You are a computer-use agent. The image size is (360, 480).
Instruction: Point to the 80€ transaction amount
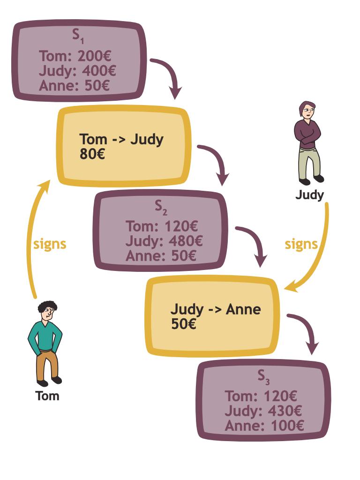[92, 154]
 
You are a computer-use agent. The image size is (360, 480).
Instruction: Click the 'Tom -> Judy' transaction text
[121, 140]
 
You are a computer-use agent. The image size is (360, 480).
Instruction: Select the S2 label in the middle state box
[161, 207]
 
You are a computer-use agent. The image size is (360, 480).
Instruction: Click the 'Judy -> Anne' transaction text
[216, 310]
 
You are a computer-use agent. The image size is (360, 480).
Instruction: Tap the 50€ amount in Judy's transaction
[184, 324]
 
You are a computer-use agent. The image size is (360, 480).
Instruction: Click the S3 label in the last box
[263, 377]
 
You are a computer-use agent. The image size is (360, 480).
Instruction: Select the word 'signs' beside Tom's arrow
[50, 245]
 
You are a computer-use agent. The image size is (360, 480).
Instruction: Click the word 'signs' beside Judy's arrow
[301, 245]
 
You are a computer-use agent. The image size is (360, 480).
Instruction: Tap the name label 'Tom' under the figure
[47, 396]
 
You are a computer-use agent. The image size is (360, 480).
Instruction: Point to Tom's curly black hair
[48, 307]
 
